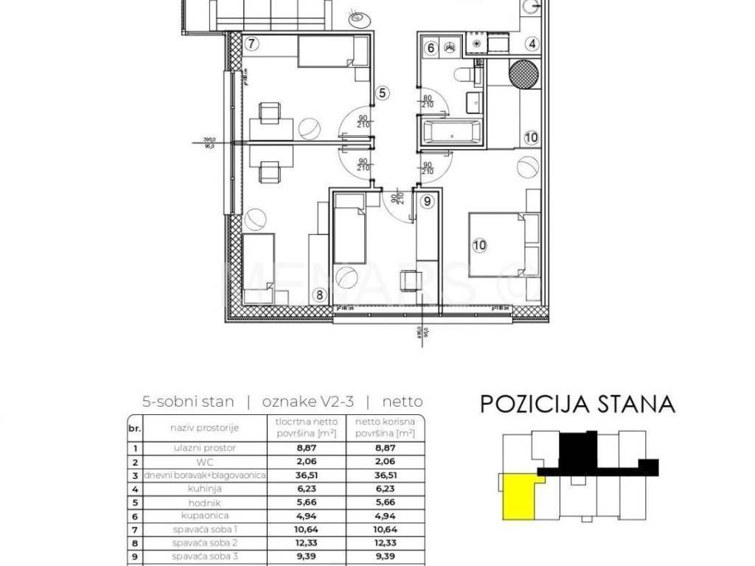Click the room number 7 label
pos(252,43)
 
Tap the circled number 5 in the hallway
pos(382,93)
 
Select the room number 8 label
pos(319,296)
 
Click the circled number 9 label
pos(425,200)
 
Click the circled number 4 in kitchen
pos(531,43)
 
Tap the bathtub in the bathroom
pos(451,133)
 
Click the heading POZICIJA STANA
pos(577,404)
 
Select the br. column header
pos(133,427)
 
